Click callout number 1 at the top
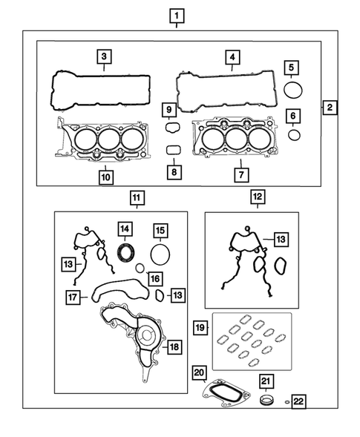(177, 15)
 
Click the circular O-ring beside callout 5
(294, 91)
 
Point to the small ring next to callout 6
(294, 134)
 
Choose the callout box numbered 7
(239, 175)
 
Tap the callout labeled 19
(200, 327)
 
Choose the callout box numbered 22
(298, 402)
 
